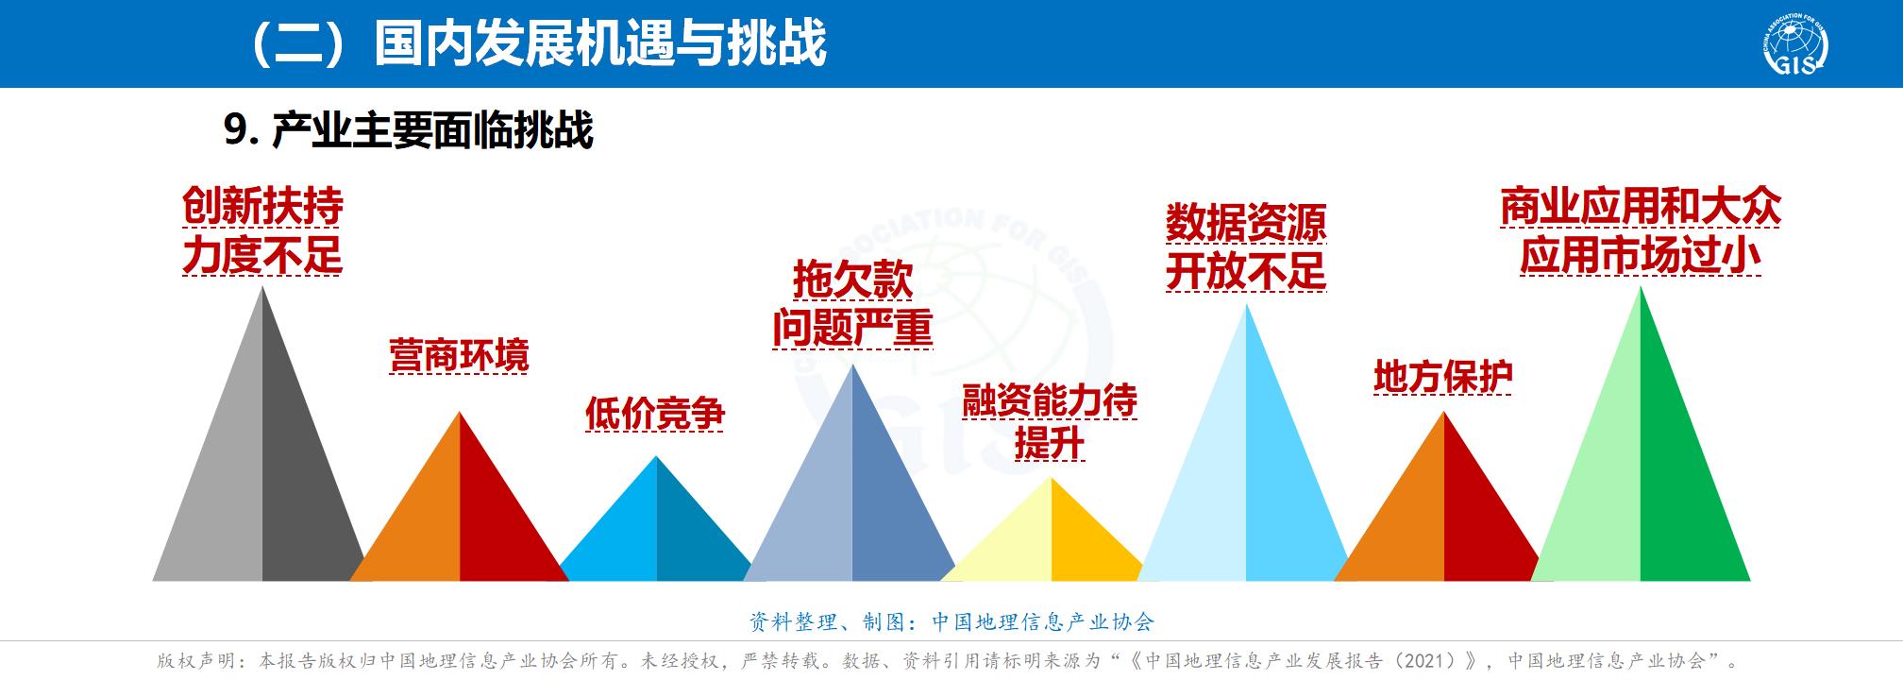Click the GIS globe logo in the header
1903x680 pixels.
1794,44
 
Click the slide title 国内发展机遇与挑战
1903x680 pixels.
600,43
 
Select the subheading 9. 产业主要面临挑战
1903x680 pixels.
409,129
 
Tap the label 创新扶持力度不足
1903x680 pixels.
262,231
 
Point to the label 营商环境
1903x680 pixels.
460,356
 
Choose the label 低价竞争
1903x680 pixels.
654,413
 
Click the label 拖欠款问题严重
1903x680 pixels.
852,304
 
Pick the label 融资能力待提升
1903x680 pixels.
1050,422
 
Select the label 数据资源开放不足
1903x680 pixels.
1246,247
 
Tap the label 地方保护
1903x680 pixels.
1443,377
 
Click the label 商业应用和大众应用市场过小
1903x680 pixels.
1641,231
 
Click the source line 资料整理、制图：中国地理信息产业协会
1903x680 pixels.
951,621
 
